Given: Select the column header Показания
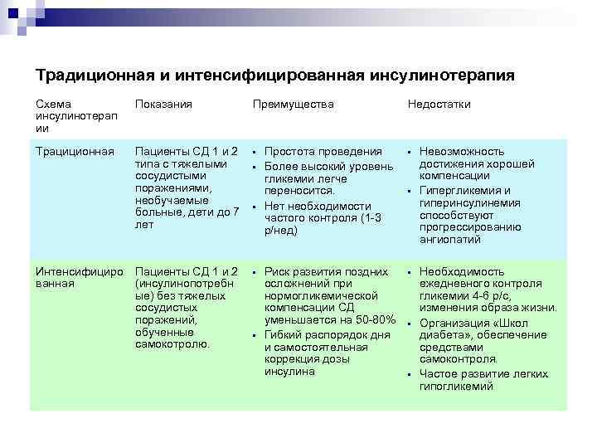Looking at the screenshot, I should (x=163, y=105).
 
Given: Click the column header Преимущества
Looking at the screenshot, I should (x=294, y=105).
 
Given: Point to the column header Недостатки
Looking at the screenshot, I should (x=439, y=105).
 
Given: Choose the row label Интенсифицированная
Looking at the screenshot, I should (x=79, y=278).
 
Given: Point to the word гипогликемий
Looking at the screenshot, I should (x=455, y=387).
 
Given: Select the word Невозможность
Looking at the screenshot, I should (x=462, y=152).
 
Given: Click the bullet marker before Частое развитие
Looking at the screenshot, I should (x=409, y=374).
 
